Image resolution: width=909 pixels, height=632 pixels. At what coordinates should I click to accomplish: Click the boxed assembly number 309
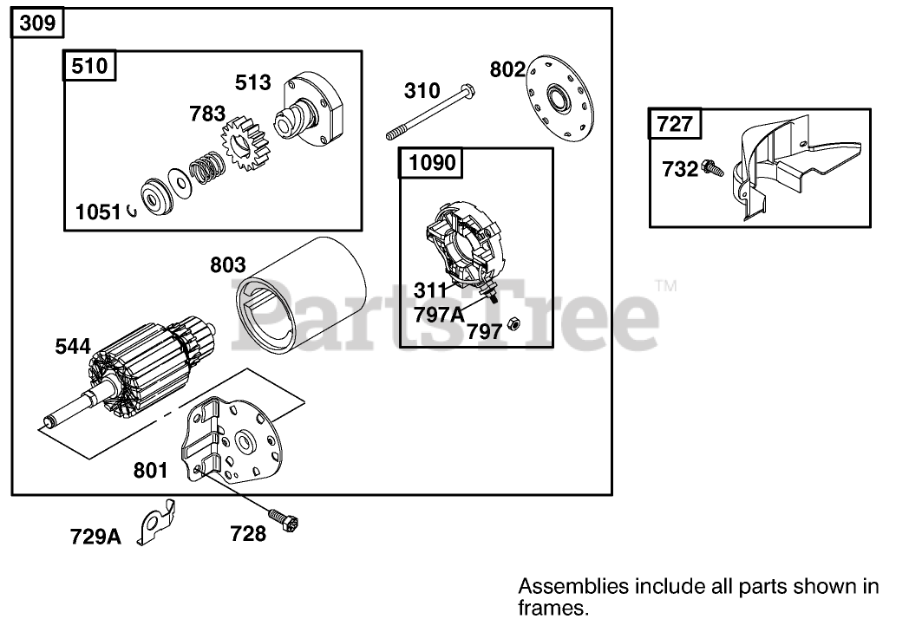pos(38,23)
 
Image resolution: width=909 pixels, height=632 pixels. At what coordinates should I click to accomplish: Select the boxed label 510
pos(89,66)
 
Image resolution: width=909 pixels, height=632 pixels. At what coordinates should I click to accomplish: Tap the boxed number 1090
pos(431,162)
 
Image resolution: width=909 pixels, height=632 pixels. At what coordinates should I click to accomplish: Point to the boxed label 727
pos(676,123)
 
